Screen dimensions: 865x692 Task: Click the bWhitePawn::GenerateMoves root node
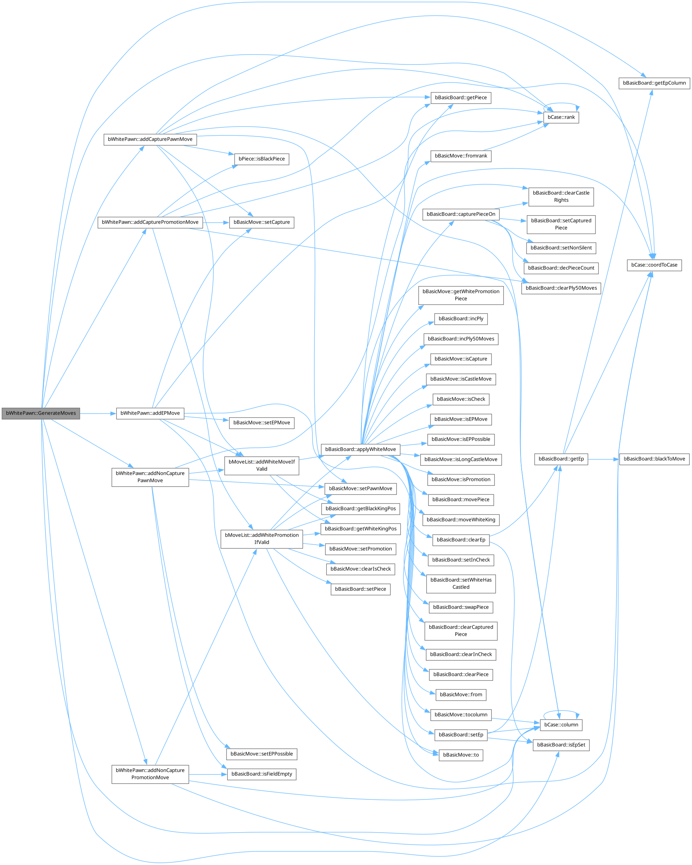pyautogui.click(x=41, y=413)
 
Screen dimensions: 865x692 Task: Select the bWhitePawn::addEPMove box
pyautogui.click(x=150, y=413)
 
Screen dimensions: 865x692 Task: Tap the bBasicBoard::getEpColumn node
pyautogui.click(x=654, y=83)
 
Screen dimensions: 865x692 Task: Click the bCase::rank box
pyautogui.click(x=561, y=117)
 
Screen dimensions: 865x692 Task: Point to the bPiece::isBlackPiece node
pyautogui.click(x=262, y=159)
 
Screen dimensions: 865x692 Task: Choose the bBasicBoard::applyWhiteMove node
pyautogui.click(x=360, y=449)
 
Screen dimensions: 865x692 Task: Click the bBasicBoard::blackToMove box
pyautogui.click(x=654, y=459)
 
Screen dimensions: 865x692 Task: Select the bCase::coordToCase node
pyautogui.click(x=654, y=265)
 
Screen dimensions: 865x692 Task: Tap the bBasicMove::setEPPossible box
pyautogui.click(x=262, y=754)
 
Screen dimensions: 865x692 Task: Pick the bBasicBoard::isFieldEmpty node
pyautogui.click(x=262, y=774)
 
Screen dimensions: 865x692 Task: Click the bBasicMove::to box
pyautogui.click(x=461, y=755)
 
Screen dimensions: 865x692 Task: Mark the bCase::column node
pyautogui.click(x=561, y=724)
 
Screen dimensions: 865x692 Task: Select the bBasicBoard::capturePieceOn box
pyautogui.click(x=461, y=214)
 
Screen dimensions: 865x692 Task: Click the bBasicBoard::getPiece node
pyautogui.click(x=461, y=98)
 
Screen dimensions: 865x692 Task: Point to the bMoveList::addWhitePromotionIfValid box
pyautogui.click(x=262, y=539)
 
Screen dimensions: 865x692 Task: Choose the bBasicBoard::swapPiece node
pyautogui.click(x=461, y=607)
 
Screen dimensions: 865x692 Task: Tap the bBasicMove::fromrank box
pyautogui.click(x=461, y=156)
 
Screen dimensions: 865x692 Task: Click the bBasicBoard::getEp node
pyautogui.click(x=561, y=459)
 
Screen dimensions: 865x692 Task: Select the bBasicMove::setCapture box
pyautogui.click(x=262, y=222)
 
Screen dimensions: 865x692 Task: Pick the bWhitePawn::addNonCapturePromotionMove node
pyautogui.click(x=150, y=774)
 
